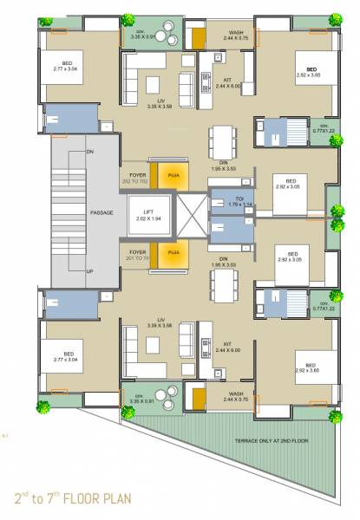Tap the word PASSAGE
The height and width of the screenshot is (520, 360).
102,212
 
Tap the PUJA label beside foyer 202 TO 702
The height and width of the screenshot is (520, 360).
173,171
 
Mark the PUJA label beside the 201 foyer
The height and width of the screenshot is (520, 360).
173,252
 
